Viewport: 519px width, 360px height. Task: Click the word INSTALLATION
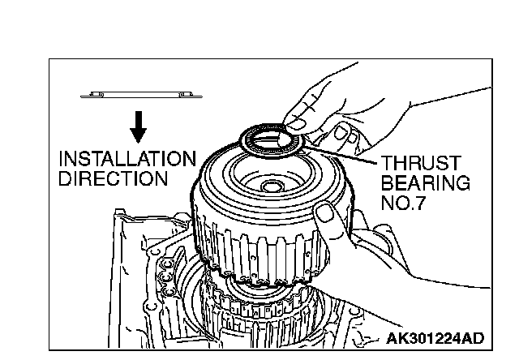pyautogui.click(x=127, y=157)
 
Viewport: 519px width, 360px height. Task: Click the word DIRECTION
pyautogui.click(x=112, y=178)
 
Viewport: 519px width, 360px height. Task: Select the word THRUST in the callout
pyautogui.click(x=421, y=164)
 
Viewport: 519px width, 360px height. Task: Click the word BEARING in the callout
pyautogui.click(x=425, y=182)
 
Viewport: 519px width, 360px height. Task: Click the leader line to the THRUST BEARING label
pyautogui.click(x=341, y=156)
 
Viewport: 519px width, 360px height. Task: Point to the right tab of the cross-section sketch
pyautogui.click(x=182, y=94)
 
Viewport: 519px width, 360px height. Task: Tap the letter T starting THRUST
pyautogui.click(x=387, y=164)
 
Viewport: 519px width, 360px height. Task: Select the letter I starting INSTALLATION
pyautogui.click(x=62, y=157)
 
